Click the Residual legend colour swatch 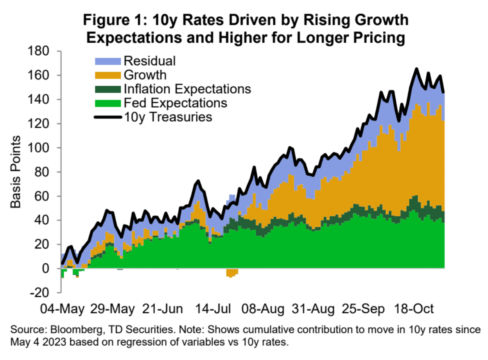[108, 61]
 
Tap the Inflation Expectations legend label [187, 89]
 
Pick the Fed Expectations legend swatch [108, 103]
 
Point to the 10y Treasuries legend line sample [108, 117]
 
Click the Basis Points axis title [16, 172]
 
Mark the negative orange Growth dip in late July [232, 273]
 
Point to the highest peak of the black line [416, 69]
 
